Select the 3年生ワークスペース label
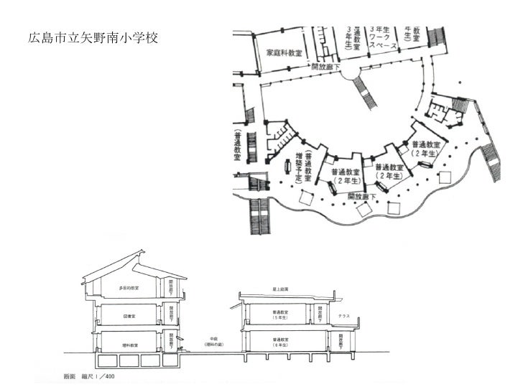tap(378, 37)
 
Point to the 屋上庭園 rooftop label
tap(281, 286)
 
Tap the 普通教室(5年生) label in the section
tap(280, 315)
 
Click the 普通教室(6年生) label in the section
tap(280, 342)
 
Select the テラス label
tap(344, 316)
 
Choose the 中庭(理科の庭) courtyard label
tap(213, 341)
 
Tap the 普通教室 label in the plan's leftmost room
tap(237, 147)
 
